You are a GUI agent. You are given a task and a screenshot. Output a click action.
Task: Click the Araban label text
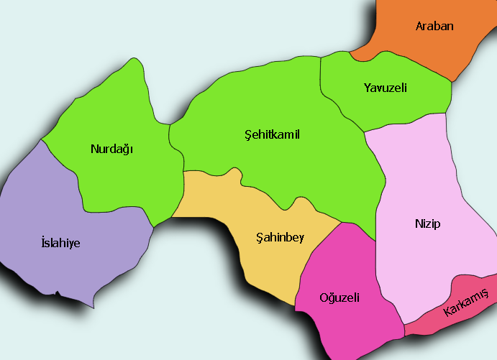[x=434, y=27]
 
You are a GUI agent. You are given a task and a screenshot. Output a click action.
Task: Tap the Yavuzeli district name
[x=386, y=88]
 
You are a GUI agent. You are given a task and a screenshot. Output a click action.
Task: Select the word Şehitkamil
[x=272, y=134]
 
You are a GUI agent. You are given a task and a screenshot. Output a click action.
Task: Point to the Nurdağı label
[x=113, y=149]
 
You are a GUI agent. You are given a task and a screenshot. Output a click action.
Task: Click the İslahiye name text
[x=61, y=243]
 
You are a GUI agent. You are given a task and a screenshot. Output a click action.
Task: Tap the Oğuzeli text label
[x=339, y=297]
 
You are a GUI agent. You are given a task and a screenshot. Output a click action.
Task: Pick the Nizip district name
[x=427, y=223]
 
